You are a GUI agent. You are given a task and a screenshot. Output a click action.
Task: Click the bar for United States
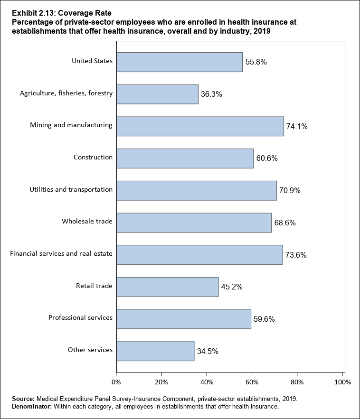pyautogui.click(x=179, y=62)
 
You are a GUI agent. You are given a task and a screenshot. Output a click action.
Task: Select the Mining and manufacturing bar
pyautogui.click(x=199, y=126)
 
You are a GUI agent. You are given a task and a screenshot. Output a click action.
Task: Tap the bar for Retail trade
pyautogui.click(x=167, y=287)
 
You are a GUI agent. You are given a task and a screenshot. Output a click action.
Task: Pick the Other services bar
pyautogui.click(x=155, y=351)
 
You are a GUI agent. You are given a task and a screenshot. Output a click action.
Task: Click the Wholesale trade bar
pyautogui.click(x=194, y=223)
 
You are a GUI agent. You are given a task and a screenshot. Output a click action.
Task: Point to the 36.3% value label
pyautogui.click(x=211, y=94)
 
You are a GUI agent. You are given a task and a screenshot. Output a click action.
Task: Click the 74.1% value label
pyautogui.click(x=297, y=127)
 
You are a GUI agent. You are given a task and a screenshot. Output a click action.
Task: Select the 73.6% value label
pyautogui.click(x=295, y=255)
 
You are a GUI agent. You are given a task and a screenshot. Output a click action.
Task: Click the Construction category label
pyautogui.click(x=93, y=157)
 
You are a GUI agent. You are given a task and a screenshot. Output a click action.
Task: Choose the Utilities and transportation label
pyautogui.click(x=71, y=189)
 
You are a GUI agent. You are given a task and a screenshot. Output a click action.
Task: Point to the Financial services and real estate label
pyautogui.click(x=61, y=253)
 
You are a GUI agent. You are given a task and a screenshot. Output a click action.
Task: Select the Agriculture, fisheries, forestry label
pyautogui.click(x=66, y=93)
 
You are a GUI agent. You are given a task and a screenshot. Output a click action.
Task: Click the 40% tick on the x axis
pyautogui.click(x=207, y=382)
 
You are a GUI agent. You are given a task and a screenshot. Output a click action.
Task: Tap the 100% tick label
pyautogui.click(x=342, y=382)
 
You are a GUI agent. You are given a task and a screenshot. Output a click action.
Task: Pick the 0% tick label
pyautogui.click(x=116, y=382)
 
